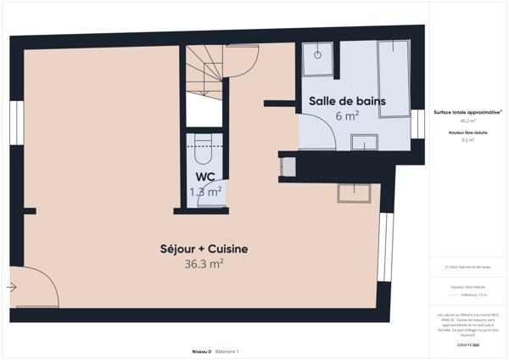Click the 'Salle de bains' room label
pos(347,101)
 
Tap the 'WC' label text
pos(204,177)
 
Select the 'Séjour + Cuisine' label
pos(204,249)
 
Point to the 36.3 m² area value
pos(204,264)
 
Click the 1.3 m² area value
pos(204,192)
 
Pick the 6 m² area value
pos(347,116)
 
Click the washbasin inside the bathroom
pos(365,143)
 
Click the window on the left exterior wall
pos(15,124)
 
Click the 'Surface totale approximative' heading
pos(467,112)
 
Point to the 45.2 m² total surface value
pos(467,121)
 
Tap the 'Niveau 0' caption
pos(200,351)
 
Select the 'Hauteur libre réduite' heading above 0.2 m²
pos(467,132)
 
